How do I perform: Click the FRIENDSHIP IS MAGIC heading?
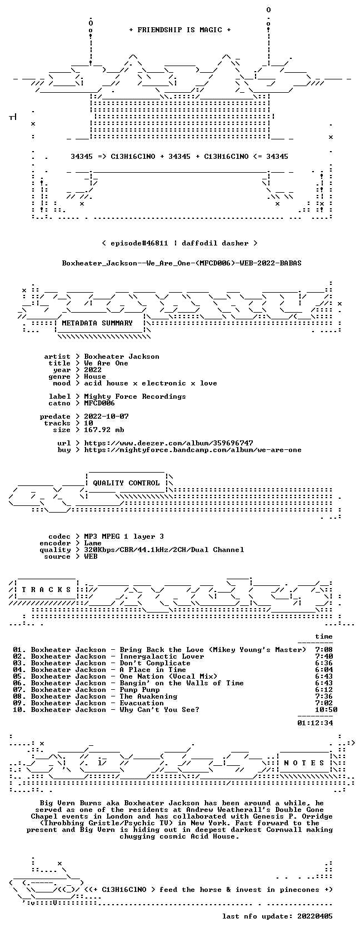click(180, 30)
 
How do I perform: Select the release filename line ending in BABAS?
click(182, 263)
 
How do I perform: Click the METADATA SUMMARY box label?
click(97, 323)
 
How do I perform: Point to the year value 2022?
click(92, 370)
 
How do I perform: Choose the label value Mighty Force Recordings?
click(135, 397)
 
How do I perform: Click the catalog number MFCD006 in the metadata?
click(99, 403)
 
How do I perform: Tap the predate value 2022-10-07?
click(106, 417)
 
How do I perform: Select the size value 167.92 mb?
click(104, 430)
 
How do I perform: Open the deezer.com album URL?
click(168, 443)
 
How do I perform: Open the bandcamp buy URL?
click(192, 450)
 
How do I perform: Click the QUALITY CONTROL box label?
click(126, 483)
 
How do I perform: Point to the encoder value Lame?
click(92, 543)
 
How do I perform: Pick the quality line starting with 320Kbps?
click(164, 550)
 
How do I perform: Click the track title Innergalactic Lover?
click(162, 656)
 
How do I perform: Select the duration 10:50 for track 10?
click(326, 710)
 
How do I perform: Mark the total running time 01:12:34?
click(315, 723)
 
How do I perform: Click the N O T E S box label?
click(304, 763)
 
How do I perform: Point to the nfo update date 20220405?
click(315, 916)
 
